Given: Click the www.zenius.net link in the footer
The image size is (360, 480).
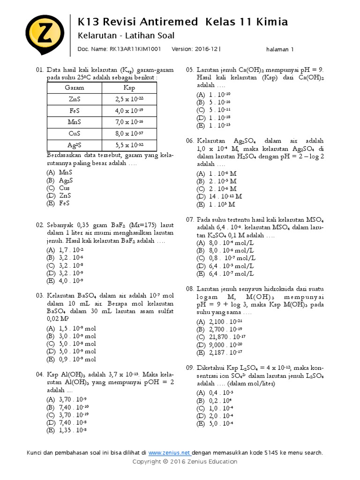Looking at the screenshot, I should coord(169,453).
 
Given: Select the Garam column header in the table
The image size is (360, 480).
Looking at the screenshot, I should coord(74,88).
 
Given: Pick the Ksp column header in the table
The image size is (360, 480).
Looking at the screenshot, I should coord(129,88).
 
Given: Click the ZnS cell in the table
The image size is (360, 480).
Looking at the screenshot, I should coord(74,99).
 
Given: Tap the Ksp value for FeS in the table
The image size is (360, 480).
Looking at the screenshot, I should coord(129,111).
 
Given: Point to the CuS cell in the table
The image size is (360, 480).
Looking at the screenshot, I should coord(74,133).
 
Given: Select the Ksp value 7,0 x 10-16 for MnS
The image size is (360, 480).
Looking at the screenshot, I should coord(129,122).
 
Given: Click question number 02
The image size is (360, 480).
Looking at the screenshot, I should coord(40,225).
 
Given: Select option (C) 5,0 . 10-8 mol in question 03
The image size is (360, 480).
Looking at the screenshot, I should coord(70,344).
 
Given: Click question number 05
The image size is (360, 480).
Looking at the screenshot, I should coord(190,70).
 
